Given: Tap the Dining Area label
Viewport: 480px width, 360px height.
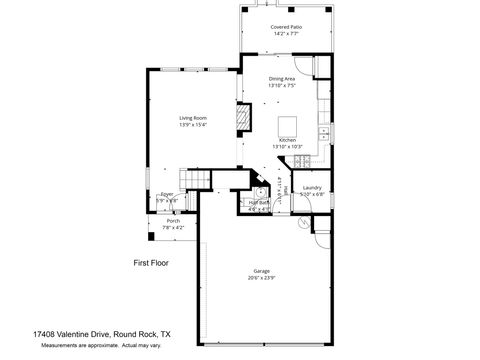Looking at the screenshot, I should pyautogui.click(x=282, y=79).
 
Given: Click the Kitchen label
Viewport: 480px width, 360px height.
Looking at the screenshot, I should pyautogui.click(x=287, y=141).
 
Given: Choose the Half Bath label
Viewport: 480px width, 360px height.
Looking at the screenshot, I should pyautogui.click(x=258, y=203).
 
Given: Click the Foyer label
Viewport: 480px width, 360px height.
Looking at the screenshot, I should pyautogui.click(x=167, y=194).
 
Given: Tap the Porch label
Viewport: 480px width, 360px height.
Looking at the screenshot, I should pyautogui.click(x=173, y=221).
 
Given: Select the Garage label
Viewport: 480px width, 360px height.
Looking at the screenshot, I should pyautogui.click(x=262, y=271).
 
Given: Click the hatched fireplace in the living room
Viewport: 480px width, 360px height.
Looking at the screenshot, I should pyautogui.click(x=240, y=119).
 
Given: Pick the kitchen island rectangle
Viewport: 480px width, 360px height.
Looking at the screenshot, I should pyautogui.click(x=288, y=125).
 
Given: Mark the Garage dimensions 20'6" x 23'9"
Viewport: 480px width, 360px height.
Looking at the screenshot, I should pyautogui.click(x=262, y=278).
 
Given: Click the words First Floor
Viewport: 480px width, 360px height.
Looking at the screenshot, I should pyautogui.click(x=151, y=263).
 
